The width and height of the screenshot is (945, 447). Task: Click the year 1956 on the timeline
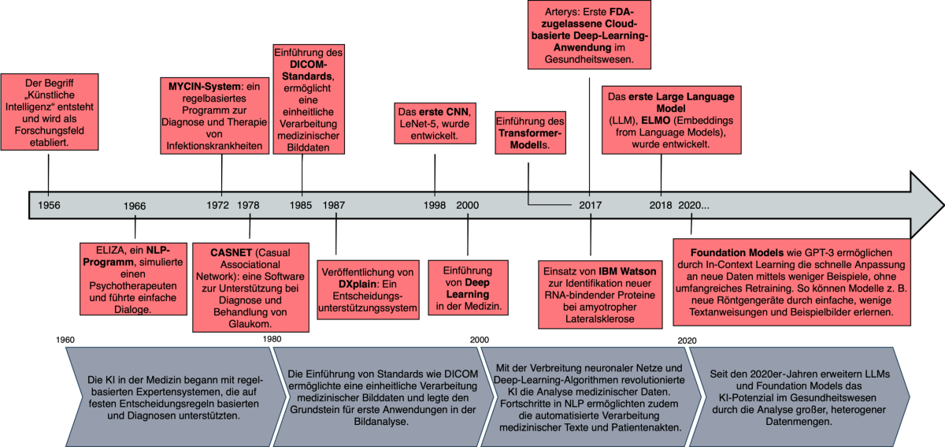49,205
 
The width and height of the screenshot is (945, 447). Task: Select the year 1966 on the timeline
135,206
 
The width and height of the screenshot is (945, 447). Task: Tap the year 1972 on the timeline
218,205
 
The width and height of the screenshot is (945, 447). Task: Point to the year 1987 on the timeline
333,205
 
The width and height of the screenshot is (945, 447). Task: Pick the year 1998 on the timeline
435,205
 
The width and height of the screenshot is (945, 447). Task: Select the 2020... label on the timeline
694,205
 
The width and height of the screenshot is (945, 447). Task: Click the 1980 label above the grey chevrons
272,340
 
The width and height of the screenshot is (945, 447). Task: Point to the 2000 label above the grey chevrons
479,340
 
